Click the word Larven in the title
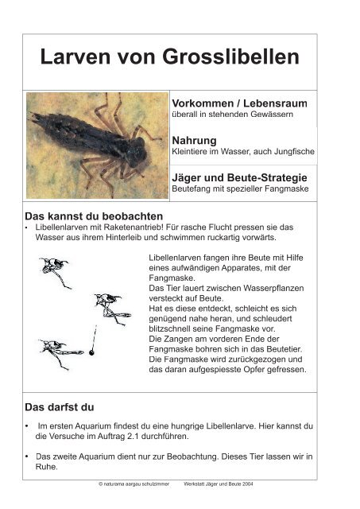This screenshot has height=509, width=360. [x=75, y=58]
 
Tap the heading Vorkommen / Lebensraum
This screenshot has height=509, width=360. [x=239, y=104]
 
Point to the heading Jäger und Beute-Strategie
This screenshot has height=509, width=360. [x=239, y=177]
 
